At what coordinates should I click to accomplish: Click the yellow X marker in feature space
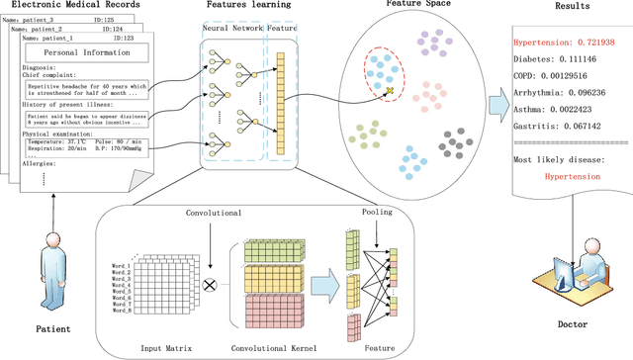tap(390, 91)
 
